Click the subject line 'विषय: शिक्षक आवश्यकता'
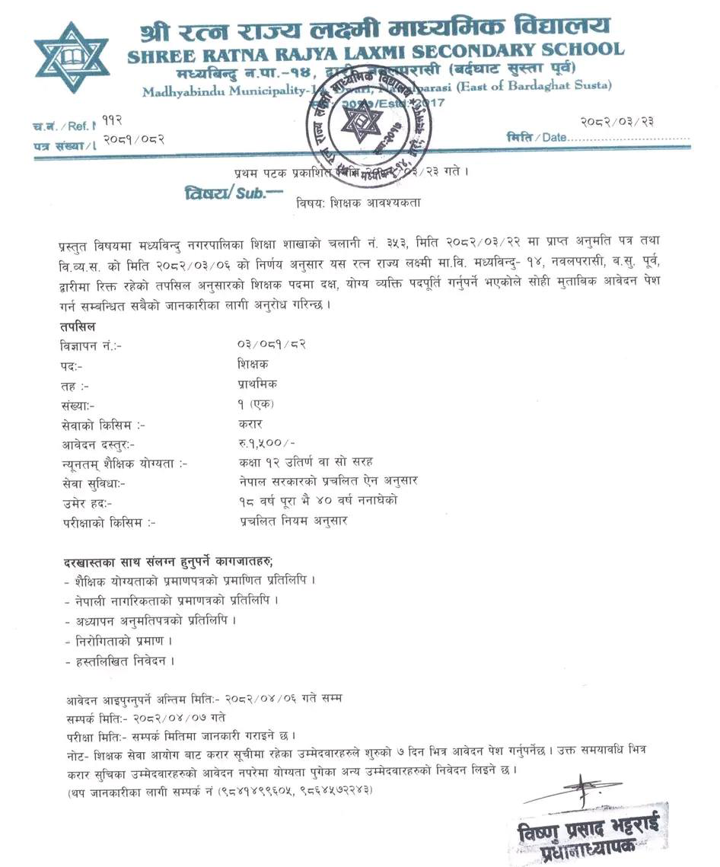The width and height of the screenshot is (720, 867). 357,203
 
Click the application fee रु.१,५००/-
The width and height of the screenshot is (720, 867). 264,444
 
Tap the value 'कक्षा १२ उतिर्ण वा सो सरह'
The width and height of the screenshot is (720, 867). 304,463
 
